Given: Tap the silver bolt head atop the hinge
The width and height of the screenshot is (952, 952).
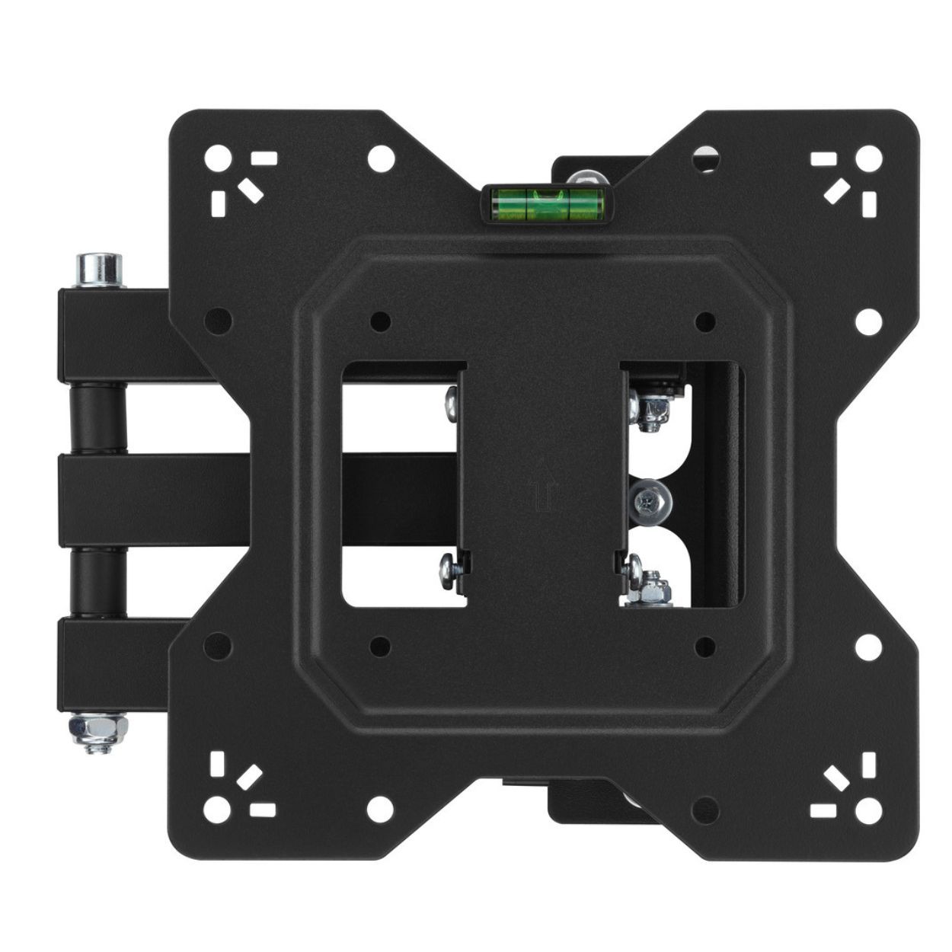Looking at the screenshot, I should tap(99, 269).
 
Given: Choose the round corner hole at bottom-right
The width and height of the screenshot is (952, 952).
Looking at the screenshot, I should tap(867, 804).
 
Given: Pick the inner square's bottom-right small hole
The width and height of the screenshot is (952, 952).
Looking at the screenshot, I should tap(705, 647).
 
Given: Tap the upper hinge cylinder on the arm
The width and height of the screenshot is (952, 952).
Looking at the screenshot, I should tap(98, 418).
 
